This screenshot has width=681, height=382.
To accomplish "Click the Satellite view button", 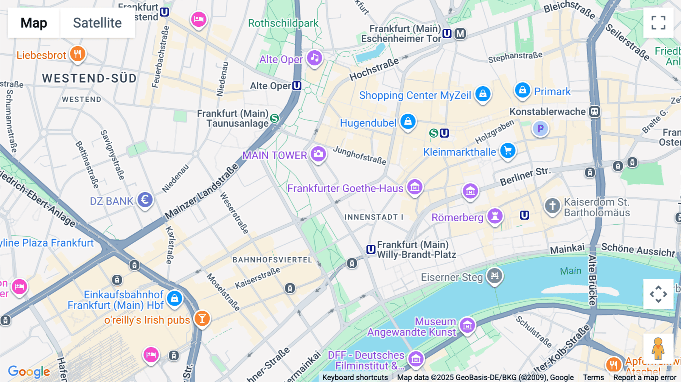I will pyautogui.click(x=97, y=23).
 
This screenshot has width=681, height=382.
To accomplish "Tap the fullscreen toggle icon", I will pyautogui.click(x=658, y=23).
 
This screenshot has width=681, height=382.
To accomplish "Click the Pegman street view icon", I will pyautogui.click(x=658, y=348).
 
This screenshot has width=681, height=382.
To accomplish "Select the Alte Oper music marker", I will pyautogui.click(x=314, y=58).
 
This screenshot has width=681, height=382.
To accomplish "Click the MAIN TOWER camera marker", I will pyautogui.click(x=318, y=154).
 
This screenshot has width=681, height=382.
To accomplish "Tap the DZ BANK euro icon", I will pyautogui.click(x=145, y=200).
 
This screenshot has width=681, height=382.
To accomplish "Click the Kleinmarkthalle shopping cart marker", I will pyautogui.click(x=508, y=151).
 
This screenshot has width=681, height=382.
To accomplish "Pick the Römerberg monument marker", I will pyautogui.click(x=495, y=216).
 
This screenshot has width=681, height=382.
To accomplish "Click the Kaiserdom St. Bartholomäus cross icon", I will pyautogui.click(x=552, y=206).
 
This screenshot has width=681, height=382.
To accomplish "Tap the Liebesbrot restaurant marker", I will pyautogui.click(x=78, y=54).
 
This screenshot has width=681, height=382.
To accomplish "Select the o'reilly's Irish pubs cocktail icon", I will pyautogui.click(x=202, y=318).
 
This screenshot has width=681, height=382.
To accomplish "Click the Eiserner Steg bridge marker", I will pyautogui.click(x=494, y=275).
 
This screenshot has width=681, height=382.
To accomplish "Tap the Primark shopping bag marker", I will pyautogui.click(x=522, y=90).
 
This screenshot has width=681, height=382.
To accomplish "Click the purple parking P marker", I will pyautogui.click(x=540, y=129).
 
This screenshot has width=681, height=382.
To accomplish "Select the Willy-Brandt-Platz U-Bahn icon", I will pyautogui.click(x=371, y=250).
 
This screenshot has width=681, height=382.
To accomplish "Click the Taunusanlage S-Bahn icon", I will pyautogui.click(x=275, y=118).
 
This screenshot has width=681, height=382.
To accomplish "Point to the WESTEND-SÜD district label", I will pyautogui.click(x=89, y=78).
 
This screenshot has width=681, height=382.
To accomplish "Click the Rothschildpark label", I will pyautogui.click(x=283, y=23).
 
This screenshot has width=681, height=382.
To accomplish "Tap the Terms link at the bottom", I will pyautogui.click(x=593, y=377).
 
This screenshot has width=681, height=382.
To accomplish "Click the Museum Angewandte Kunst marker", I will pyautogui.click(x=467, y=325).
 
